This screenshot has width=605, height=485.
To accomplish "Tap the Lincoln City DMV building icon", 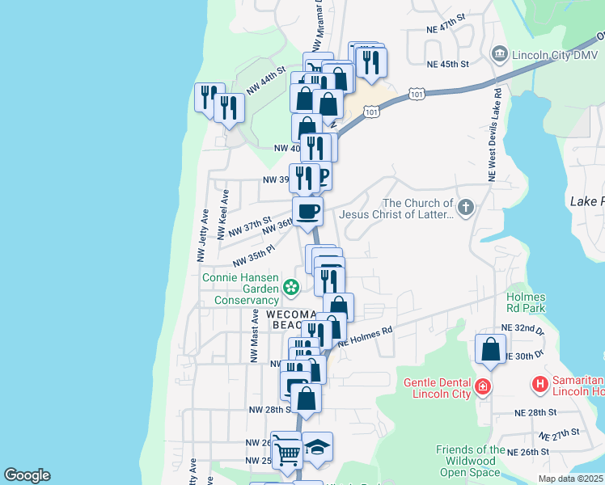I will (x=498, y=54).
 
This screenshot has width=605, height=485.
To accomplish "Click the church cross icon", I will (x=465, y=209).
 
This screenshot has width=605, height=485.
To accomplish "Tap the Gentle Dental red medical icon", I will (x=483, y=386).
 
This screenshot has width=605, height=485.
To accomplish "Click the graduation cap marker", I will (x=317, y=448).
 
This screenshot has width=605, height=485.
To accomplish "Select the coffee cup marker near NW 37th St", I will (x=307, y=212).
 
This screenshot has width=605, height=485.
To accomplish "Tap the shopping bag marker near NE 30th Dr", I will (x=490, y=349).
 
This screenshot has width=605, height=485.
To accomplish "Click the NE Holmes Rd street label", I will (x=365, y=336).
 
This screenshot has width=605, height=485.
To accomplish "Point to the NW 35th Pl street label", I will (x=254, y=256).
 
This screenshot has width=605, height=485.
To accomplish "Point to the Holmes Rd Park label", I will (x=526, y=302).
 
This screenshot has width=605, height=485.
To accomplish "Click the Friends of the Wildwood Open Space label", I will (x=470, y=461).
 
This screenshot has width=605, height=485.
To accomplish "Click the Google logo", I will (x=27, y=475).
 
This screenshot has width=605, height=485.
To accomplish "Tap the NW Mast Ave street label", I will (x=254, y=338).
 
